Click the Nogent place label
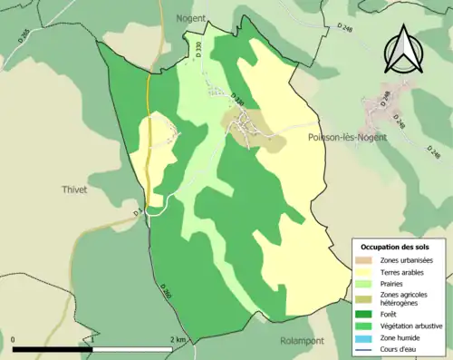190,17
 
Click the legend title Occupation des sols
395,247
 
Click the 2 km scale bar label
178,340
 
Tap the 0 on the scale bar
14,340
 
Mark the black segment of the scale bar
55,349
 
